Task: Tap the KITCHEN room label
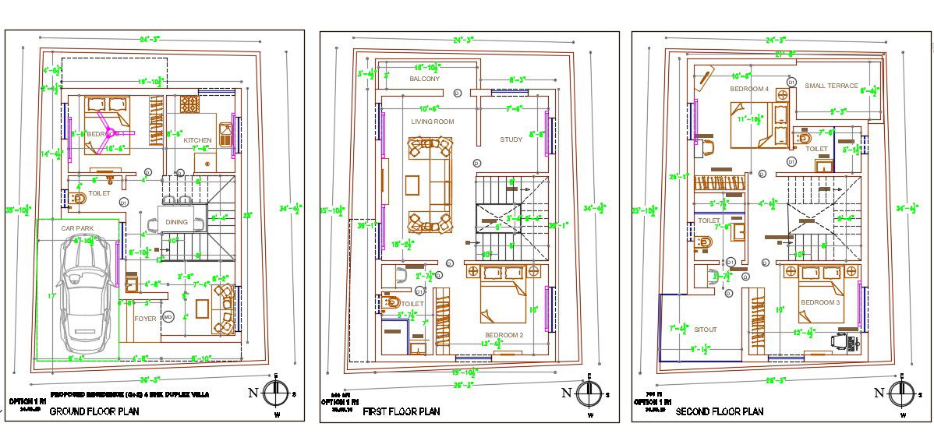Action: (196, 141)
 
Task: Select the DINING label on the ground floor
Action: (177, 222)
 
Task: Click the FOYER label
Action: (145, 318)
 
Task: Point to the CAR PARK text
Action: (77, 228)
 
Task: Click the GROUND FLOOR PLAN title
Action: (94, 411)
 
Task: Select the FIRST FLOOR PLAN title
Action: (402, 411)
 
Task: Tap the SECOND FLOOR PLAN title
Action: (719, 411)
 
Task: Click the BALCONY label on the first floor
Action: (424, 79)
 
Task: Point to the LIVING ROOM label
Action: (433, 122)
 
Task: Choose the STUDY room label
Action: (511, 140)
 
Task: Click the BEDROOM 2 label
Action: (503, 335)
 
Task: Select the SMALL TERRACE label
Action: (831, 86)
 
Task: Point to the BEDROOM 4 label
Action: (748, 89)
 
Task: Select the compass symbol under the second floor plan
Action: (901, 393)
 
